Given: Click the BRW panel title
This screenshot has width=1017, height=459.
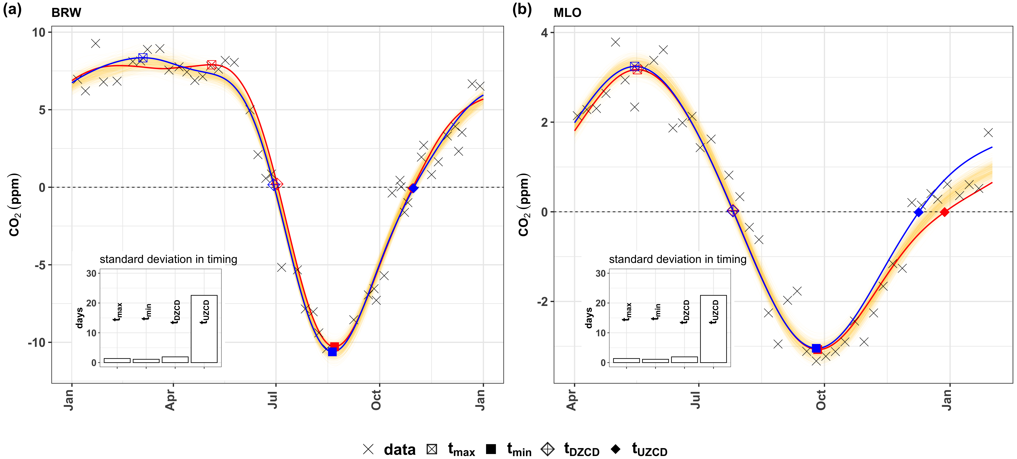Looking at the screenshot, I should point(66,13).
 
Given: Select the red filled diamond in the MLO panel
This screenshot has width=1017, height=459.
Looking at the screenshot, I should point(944,212).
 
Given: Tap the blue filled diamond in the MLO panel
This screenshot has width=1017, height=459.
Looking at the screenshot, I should point(919,212).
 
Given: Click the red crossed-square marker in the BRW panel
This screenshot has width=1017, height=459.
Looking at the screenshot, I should point(212,65).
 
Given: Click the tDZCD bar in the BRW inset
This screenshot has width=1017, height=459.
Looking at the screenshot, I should point(175,360).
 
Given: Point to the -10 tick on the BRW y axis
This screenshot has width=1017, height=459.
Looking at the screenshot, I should point(37,342).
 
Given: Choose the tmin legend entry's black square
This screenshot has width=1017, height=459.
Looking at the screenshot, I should point(491,449).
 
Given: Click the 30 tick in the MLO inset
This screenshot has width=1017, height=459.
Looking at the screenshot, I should point(600,273).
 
